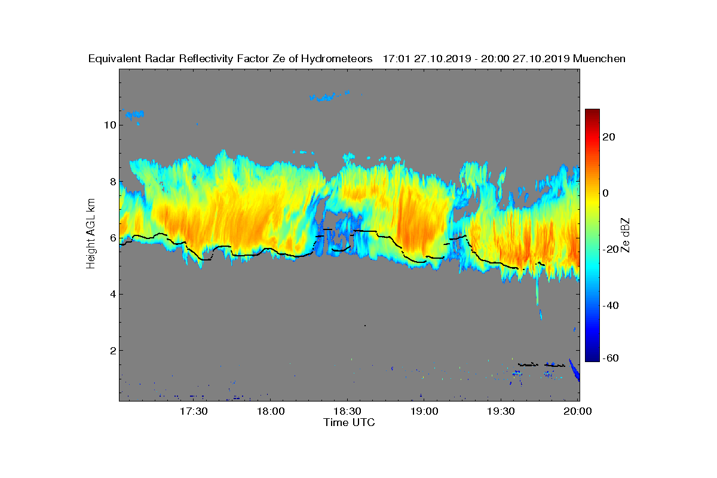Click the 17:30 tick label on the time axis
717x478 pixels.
194,411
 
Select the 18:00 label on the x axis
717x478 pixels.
271,411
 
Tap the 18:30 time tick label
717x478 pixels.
348,411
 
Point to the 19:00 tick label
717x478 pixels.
425,411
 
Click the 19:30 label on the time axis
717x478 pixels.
502,411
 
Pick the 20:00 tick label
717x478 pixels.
578,411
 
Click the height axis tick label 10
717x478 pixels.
109,125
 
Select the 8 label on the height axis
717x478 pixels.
112,181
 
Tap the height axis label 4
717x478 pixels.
112,294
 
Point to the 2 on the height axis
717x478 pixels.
112,350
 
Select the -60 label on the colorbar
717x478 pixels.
611,358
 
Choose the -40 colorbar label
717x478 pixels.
611,305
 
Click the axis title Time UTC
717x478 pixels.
350,422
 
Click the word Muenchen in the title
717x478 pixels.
599,59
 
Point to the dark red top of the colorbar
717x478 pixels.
592,112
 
